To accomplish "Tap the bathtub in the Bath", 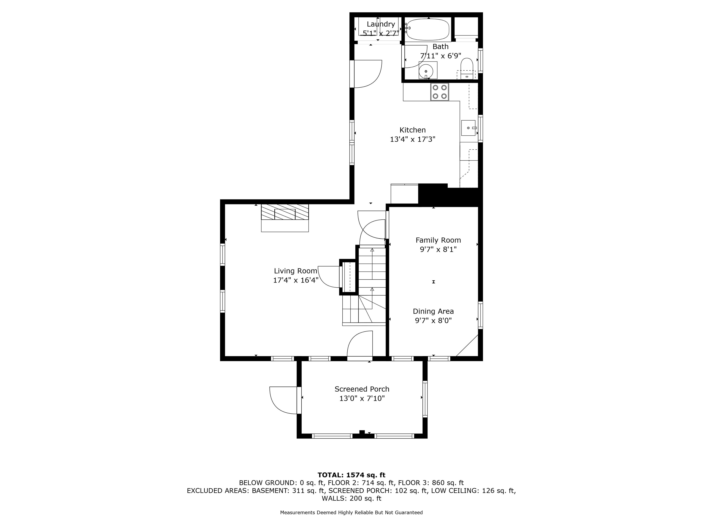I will coord(428,29).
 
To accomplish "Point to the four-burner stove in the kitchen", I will coord(440,92).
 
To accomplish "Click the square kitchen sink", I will coord(468,128).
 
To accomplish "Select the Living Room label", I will coord(296,271).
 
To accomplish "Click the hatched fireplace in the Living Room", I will coord(285,212).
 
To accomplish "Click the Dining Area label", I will coord(433,311).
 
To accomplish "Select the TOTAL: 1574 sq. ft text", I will coord(351,475).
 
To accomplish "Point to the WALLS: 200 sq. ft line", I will coord(351,498).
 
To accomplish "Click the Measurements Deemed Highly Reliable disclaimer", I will coord(351,512).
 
